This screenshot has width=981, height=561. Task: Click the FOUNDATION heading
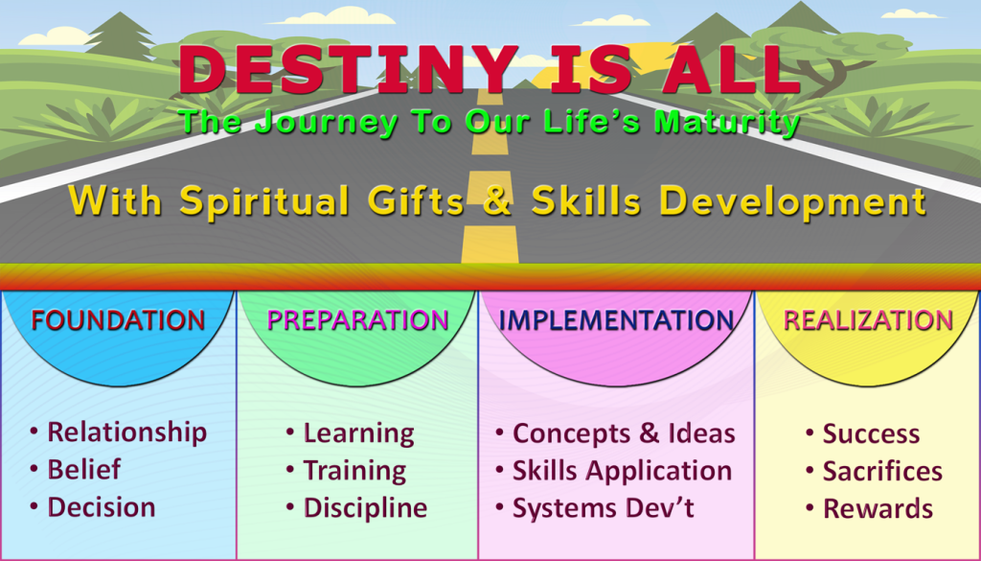pyautogui.click(x=117, y=320)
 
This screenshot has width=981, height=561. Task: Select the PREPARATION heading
pyautogui.click(x=357, y=320)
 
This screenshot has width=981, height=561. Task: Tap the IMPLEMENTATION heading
pyautogui.click(x=616, y=320)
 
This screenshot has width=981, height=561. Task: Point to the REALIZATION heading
pyautogui.click(x=868, y=320)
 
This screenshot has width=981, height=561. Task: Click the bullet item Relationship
pyautogui.click(x=126, y=432)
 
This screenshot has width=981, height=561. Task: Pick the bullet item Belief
pyautogui.click(x=84, y=470)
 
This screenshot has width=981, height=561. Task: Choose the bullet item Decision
pyautogui.click(x=102, y=507)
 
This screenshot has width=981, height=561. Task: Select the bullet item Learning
pyautogui.click(x=358, y=433)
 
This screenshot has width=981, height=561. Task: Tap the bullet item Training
pyautogui.click(x=354, y=471)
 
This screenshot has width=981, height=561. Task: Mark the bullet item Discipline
pyautogui.click(x=365, y=508)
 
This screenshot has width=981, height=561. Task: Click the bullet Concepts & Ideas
pyautogui.click(x=624, y=433)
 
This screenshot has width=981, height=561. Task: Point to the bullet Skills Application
pyautogui.click(x=622, y=471)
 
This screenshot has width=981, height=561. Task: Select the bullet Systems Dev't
pyautogui.click(x=603, y=508)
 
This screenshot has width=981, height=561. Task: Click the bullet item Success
pyautogui.click(x=871, y=434)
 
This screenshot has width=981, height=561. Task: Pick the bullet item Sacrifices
pyautogui.click(x=882, y=472)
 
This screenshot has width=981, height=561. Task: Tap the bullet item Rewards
pyautogui.click(x=878, y=509)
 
